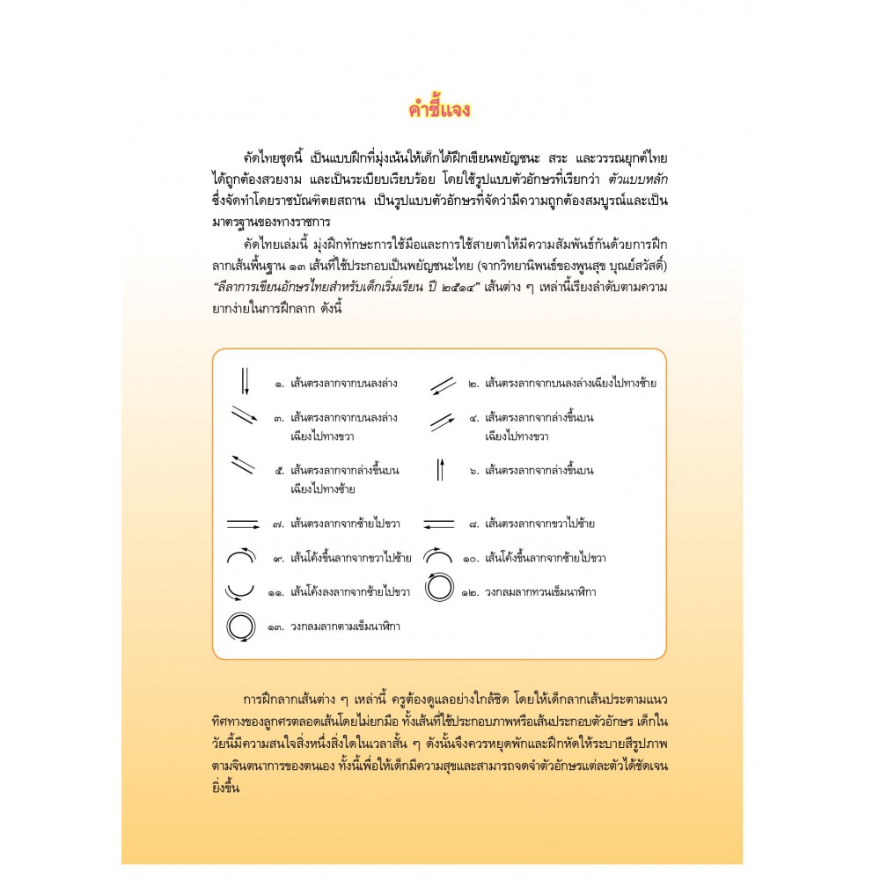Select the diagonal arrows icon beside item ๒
tap(443, 385)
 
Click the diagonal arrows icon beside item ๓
tap(245, 415)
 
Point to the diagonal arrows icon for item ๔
tap(442, 422)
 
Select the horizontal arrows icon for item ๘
tap(439, 524)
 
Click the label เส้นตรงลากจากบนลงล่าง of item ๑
tap(336, 385)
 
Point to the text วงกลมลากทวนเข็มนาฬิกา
tap(540, 592)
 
